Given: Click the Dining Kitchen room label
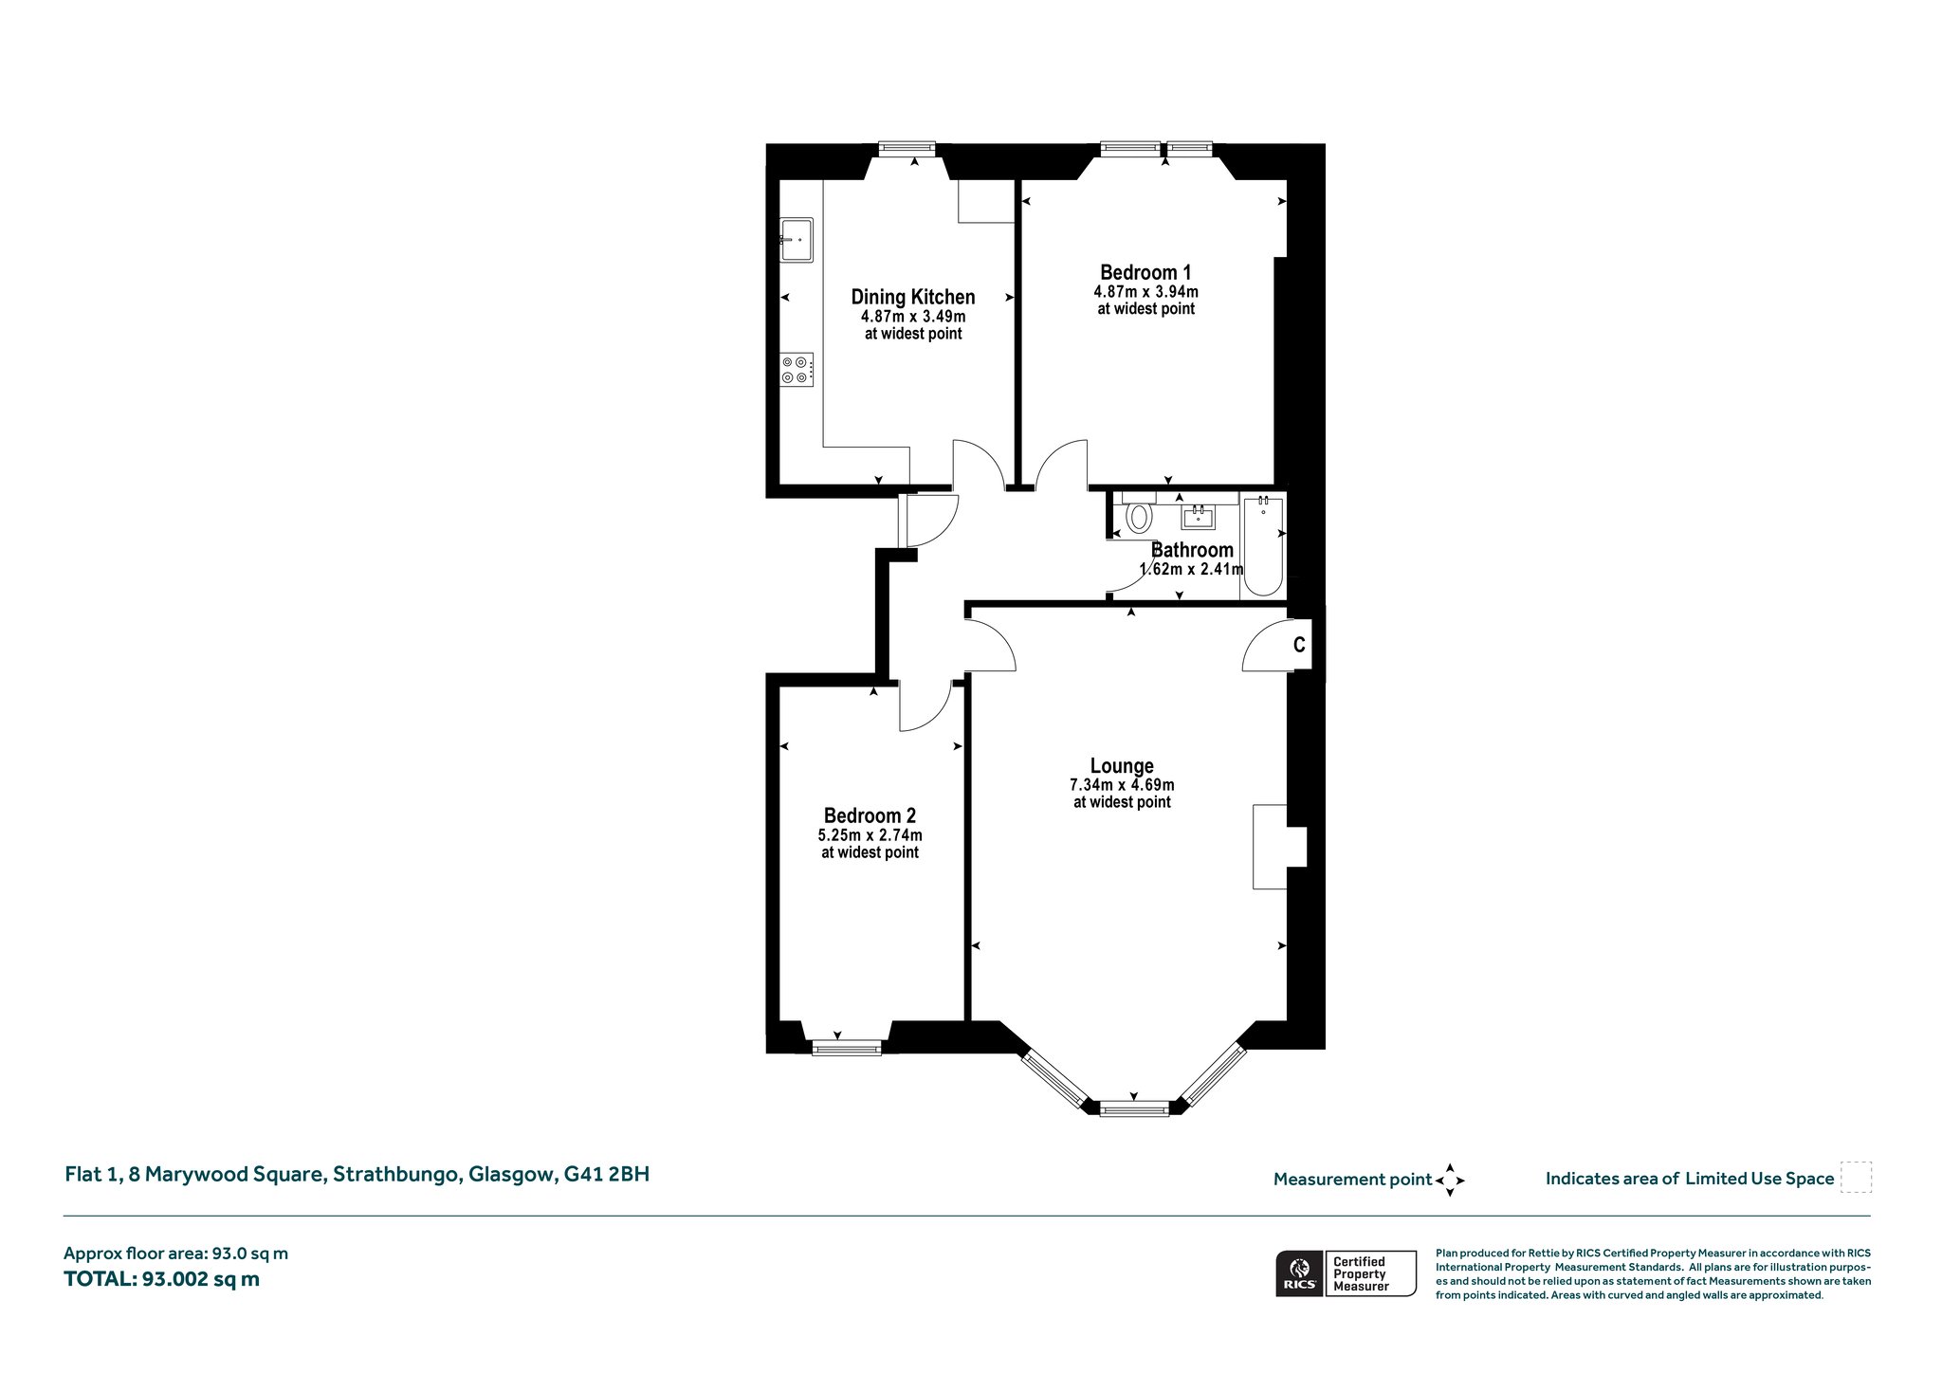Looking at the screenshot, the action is point(913,297).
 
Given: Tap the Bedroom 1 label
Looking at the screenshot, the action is point(1145,272).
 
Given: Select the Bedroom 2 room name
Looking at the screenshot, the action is point(870,815).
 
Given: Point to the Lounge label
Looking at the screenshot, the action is point(1122,765).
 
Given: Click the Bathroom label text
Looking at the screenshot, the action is point(1192,550).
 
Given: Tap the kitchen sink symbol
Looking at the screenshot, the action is point(797,240).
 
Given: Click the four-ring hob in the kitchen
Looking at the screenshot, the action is point(797,369).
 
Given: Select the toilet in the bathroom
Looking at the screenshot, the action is point(1138,517).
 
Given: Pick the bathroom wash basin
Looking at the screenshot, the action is point(1199,517).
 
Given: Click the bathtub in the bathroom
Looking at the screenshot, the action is point(1263,546).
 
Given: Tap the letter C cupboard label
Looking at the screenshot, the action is point(1299,645).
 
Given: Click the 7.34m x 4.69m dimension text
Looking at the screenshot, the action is point(1122,785).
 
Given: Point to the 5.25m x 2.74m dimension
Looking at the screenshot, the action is point(870,835).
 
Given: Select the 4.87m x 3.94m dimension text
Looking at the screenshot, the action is point(1145,292).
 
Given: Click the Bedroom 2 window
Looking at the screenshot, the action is point(847,1048).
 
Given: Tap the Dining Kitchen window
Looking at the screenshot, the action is point(907,149).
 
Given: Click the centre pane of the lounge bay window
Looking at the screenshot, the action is point(1134,1108).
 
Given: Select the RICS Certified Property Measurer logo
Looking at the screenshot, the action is point(1346,1273).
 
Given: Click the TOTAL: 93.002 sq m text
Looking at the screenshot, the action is point(161,1279).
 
